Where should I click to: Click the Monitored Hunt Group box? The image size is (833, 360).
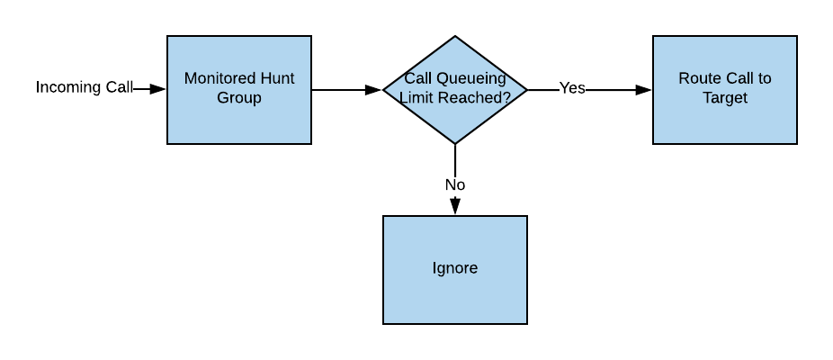238,117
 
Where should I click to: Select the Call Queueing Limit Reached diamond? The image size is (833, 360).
454,117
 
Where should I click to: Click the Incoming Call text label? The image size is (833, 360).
84,87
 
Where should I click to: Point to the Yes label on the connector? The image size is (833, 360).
572,88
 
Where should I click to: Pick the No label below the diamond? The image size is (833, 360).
454,184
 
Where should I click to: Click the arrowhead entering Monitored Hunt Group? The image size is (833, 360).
158,89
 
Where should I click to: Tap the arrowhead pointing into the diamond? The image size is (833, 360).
373,89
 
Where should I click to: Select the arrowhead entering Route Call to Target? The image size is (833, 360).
643,89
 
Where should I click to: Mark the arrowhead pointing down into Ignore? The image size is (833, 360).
454,206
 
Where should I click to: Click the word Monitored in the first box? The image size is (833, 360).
217,78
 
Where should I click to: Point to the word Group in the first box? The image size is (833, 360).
238,98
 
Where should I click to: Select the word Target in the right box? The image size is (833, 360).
724,98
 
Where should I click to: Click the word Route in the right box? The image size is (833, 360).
698,78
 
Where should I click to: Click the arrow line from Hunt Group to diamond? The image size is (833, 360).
342,89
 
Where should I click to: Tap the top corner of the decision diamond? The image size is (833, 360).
454,38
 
